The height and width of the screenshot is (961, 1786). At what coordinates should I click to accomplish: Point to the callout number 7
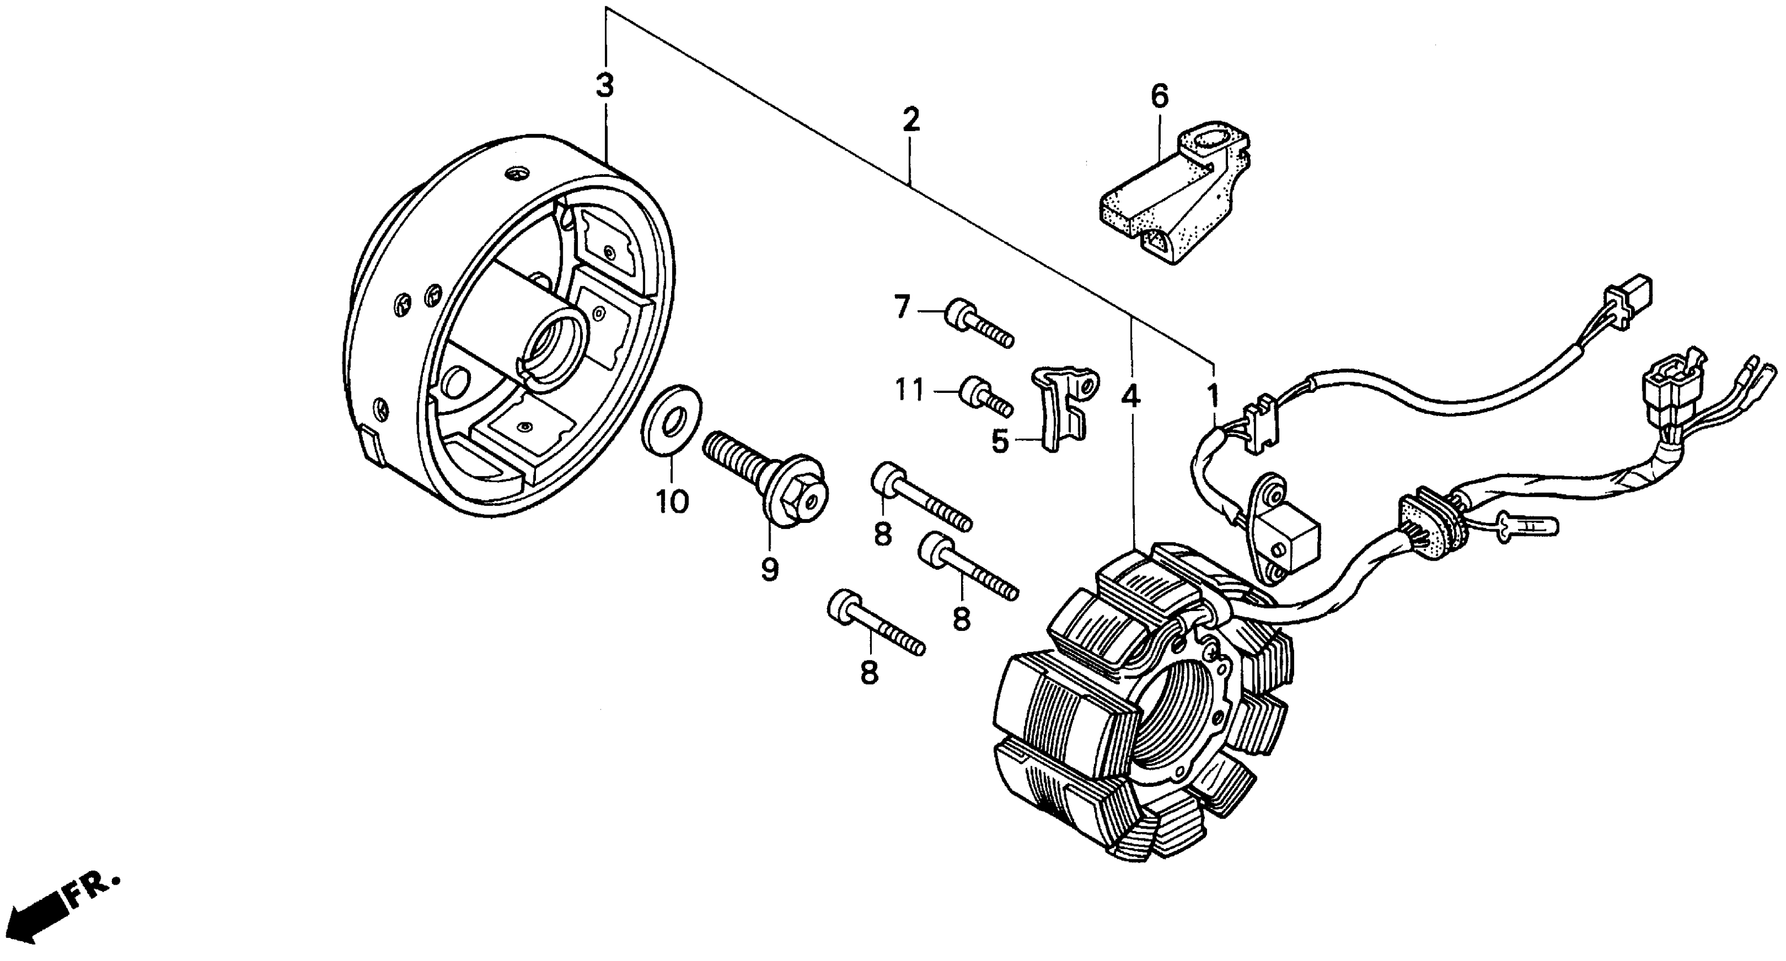coord(901,307)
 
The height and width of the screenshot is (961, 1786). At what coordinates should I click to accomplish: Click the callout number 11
coord(909,392)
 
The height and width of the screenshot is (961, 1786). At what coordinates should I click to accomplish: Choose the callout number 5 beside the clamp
coord(1000,441)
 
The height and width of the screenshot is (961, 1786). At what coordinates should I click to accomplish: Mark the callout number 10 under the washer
coord(672,501)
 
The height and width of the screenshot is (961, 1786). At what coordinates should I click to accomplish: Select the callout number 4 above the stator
coord(1131,397)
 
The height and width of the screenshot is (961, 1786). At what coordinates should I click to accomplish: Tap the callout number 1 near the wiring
coord(1213,396)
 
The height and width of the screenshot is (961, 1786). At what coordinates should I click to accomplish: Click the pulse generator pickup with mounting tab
coord(1283,530)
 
